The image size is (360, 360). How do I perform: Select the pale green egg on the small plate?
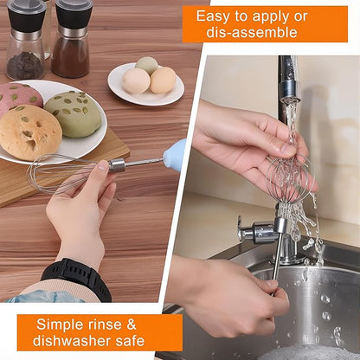[x=147, y=65]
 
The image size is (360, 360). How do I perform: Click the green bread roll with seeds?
[x=73, y=113]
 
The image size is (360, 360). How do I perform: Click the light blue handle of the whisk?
[x=174, y=153]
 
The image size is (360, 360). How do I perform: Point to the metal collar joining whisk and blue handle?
[x=118, y=164]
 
